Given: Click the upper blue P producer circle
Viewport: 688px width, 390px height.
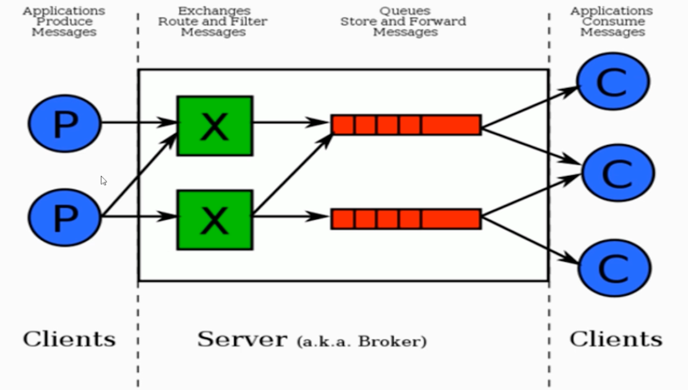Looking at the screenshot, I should [x=64, y=124].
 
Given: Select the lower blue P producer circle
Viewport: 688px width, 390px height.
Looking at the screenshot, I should [x=64, y=217].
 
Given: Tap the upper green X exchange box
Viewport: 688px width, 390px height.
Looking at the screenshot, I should [x=215, y=126].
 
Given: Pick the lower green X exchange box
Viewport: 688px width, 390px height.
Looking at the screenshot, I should [x=215, y=220].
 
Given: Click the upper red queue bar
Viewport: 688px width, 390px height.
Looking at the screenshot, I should [x=406, y=125].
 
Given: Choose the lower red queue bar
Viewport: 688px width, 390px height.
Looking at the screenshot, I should [x=406, y=219].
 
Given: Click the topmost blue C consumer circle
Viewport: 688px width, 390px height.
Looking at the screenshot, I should [x=613, y=82].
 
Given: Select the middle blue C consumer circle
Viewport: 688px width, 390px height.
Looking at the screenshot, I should [x=617, y=173].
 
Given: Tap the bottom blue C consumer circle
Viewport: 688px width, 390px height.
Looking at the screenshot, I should [x=614, y=267].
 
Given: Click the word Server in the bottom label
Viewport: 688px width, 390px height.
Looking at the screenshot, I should [x=242, y=339].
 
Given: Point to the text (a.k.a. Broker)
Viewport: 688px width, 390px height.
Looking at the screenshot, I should [x=361, y=341].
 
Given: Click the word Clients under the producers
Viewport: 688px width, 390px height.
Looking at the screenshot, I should [x=69, y=339].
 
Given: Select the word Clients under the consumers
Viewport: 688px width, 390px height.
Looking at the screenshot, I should [x=616, y=339].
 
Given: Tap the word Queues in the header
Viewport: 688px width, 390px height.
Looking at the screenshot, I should [x=405, y=11].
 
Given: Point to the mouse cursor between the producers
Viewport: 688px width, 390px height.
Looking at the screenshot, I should [x=103, y=181].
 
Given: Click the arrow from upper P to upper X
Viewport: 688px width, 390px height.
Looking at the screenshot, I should [x=139, y=123].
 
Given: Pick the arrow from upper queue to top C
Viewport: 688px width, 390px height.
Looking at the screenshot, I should [x=529, y=107].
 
